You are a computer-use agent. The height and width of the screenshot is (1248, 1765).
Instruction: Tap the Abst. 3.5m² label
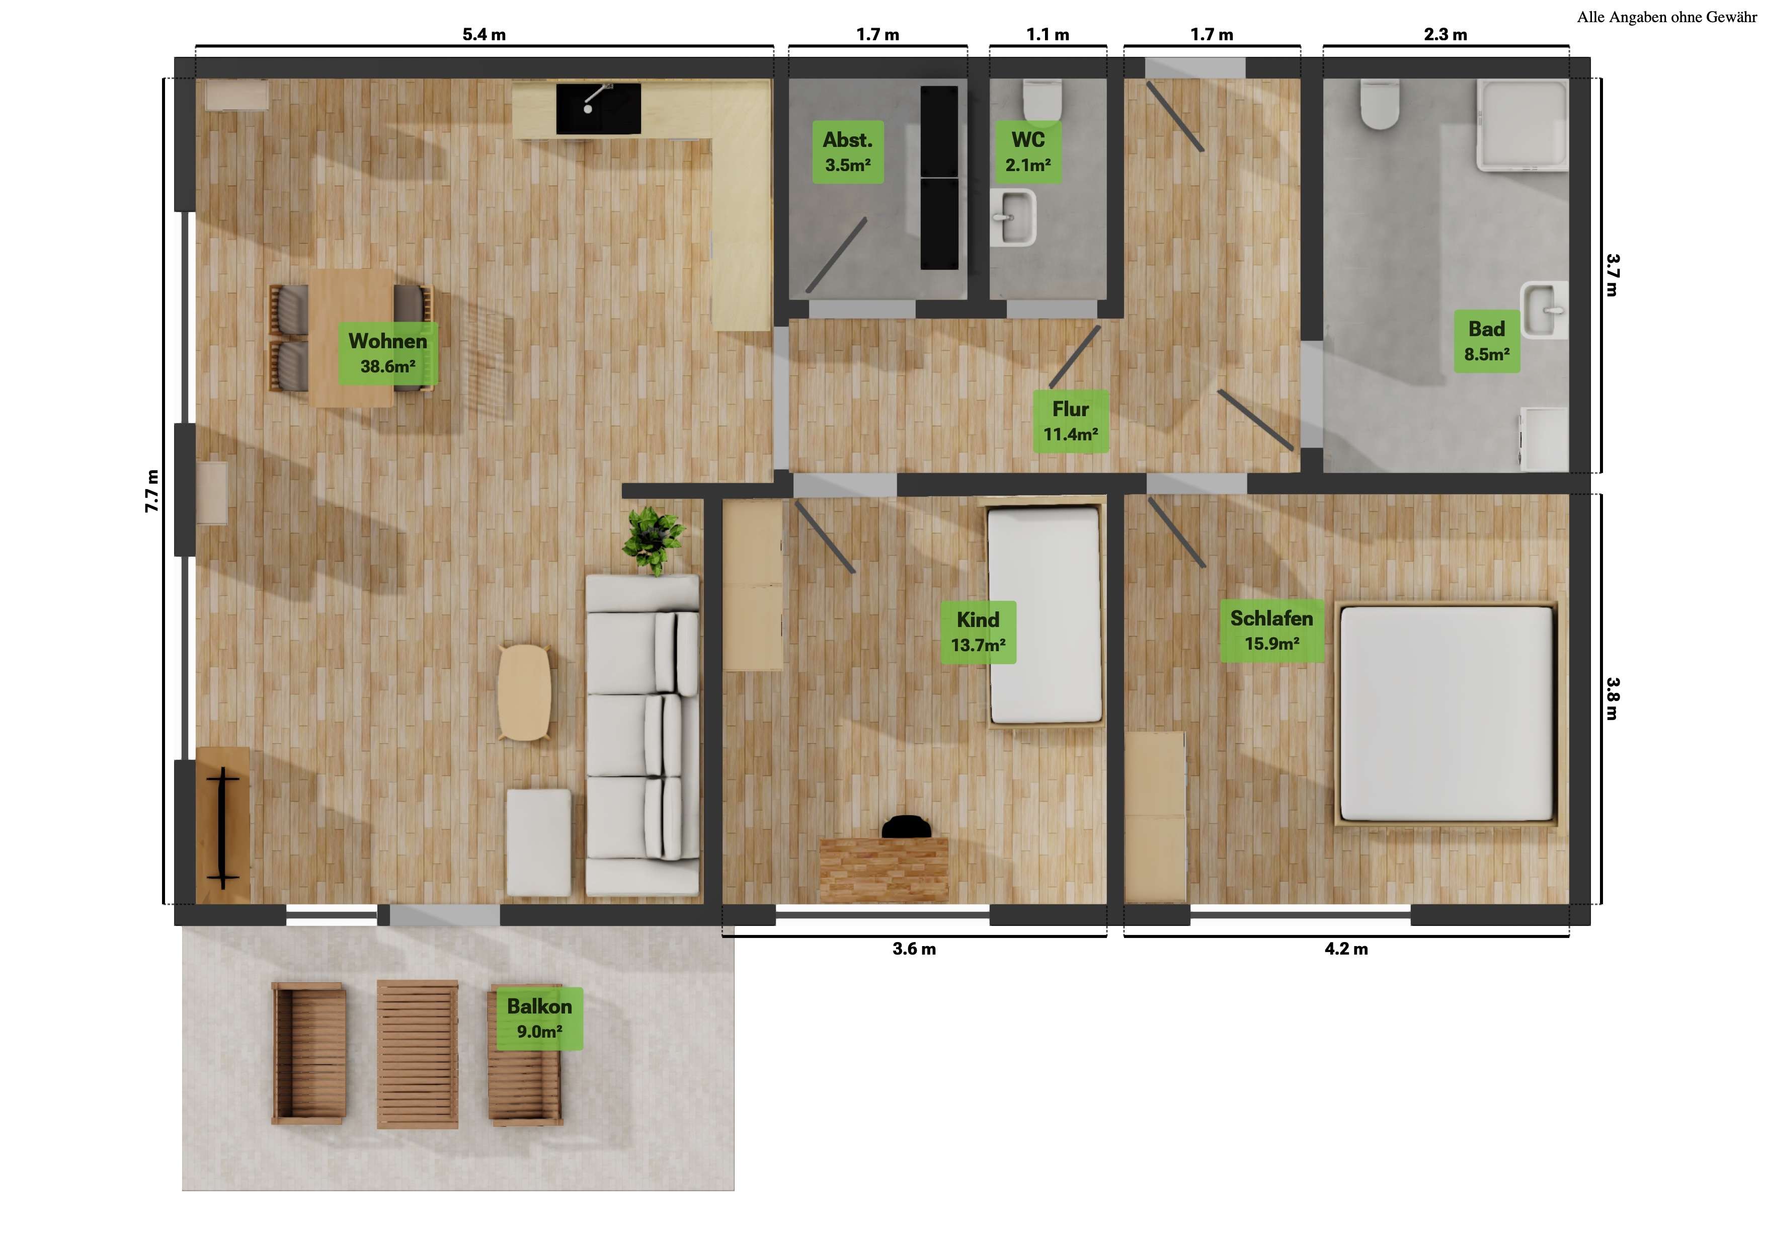point(848,151)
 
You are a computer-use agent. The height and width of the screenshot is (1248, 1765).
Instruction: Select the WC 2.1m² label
point(1028,151)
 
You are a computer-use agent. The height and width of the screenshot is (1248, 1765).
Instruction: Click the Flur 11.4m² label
point(1071,421)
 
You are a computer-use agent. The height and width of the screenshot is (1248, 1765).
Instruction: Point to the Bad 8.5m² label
point(1486,341)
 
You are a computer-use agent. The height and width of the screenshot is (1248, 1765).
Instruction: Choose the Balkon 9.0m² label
point(540,1018)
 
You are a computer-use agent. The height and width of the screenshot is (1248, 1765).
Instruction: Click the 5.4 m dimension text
point(484,35)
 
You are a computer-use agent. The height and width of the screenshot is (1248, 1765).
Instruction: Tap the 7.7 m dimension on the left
point(152,491)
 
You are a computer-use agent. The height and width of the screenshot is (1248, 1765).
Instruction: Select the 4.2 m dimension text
point(1346,949)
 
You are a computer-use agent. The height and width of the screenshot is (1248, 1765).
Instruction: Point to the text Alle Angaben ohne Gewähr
point(1666,17)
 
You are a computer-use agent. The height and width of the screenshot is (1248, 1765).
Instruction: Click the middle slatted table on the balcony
point(418,1053)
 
